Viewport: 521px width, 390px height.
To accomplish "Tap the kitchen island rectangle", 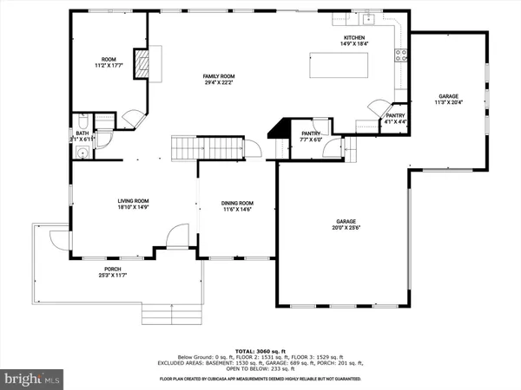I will click(339, 65).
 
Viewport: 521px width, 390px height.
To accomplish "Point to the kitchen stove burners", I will click(401, 56).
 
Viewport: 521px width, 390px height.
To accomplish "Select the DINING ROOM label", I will click(238, 205).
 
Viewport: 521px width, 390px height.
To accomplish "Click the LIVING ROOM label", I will click(134, 205).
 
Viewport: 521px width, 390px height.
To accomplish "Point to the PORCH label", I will click(113, 271).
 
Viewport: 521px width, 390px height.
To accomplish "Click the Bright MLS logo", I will click(33, 379).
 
